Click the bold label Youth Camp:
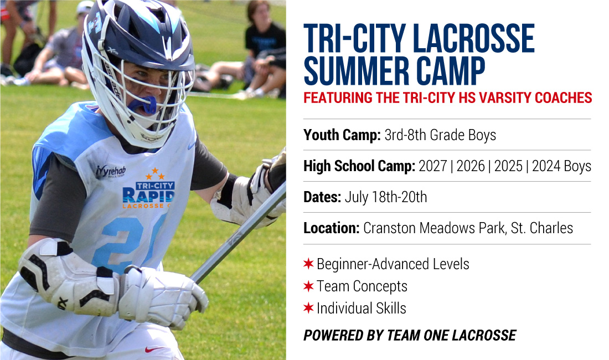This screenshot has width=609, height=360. [x=342, y=135]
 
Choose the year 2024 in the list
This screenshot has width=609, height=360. [x=546, y=166]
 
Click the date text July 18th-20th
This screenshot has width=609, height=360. [x=386, y=197]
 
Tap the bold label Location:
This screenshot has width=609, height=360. [x=331, y=228]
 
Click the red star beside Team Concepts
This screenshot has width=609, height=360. [x=308, y=286]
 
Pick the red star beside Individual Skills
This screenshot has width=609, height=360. [x=308, y=308]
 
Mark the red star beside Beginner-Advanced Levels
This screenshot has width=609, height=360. [x=308, y=264]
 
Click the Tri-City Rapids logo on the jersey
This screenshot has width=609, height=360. [x=149, y=191]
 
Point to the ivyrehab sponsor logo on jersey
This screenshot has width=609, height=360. [x=111, y=171]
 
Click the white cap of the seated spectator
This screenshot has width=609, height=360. [x=85, y=7]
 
